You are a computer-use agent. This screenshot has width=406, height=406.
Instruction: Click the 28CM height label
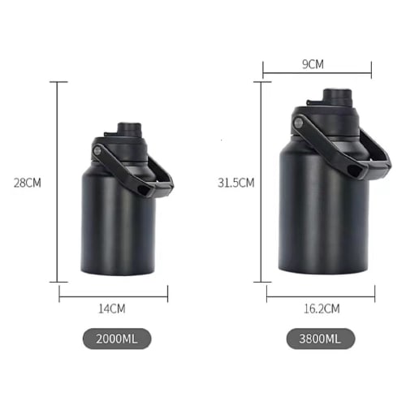[28, 183]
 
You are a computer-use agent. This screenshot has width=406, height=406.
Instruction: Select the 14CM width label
[114, 309]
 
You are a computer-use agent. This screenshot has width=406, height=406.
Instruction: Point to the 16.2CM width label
[321, 309]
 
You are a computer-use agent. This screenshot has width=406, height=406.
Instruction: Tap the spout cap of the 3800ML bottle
[334, 97]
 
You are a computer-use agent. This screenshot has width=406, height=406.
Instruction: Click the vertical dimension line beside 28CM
[58, 183]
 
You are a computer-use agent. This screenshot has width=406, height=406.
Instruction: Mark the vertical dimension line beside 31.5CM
[261, 183]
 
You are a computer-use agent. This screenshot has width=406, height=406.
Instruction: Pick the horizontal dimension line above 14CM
[114, 293]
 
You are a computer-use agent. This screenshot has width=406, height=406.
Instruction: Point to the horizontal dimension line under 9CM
[317, 73]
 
